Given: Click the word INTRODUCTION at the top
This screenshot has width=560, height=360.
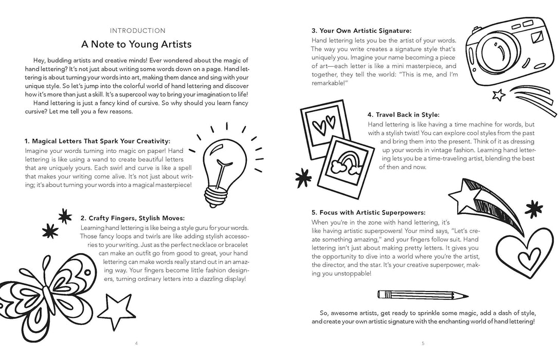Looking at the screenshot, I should [137, 30].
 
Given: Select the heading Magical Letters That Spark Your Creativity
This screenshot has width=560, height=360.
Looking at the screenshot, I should [97, 141].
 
